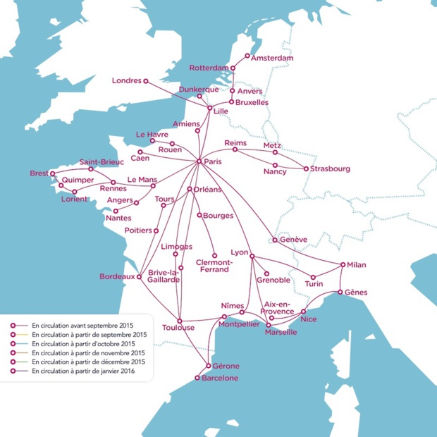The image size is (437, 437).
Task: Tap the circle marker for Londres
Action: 146,81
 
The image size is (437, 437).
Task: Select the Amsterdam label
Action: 272,57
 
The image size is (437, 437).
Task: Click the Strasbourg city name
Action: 331,168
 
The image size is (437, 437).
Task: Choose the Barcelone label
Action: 220,378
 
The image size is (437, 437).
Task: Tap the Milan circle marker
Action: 343,265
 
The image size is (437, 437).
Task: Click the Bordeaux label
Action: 117,276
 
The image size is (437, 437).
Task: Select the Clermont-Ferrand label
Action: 214,266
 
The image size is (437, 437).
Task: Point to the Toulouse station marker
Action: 180,319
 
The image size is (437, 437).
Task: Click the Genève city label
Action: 293,240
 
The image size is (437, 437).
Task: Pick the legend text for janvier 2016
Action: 84,370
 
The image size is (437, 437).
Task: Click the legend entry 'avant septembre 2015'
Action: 78,325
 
